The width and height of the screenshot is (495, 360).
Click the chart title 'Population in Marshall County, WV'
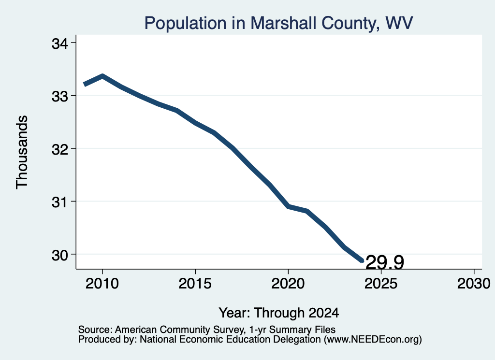[278, 23]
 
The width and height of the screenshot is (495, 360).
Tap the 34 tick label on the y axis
[59, 43]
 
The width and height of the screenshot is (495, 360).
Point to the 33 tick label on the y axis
[59, 96]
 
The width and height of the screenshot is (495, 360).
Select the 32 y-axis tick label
[59, 149]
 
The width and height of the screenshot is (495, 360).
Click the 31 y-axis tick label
[59, 202]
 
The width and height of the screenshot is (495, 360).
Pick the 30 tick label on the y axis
[59, 255]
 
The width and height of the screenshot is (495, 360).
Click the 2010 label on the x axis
[102, 283]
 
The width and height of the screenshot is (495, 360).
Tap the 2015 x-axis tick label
[195, 283]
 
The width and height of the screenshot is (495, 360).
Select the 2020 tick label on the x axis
[288, 283]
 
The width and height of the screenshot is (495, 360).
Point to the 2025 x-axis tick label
[381, 283]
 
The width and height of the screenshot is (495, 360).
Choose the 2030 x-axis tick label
[474, 283]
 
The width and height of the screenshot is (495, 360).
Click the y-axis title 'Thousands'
[22, 152]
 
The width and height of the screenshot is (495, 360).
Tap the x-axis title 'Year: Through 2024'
[279, 313]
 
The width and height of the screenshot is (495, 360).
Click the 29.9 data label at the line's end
[385, 262]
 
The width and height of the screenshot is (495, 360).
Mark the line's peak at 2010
[102, 76]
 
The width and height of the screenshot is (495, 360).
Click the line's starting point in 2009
[84, 84]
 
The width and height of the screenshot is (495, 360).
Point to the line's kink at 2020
[288, 206]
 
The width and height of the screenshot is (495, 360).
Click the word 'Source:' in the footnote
[95, 330]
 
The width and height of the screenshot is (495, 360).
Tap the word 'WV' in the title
[399, 23]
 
